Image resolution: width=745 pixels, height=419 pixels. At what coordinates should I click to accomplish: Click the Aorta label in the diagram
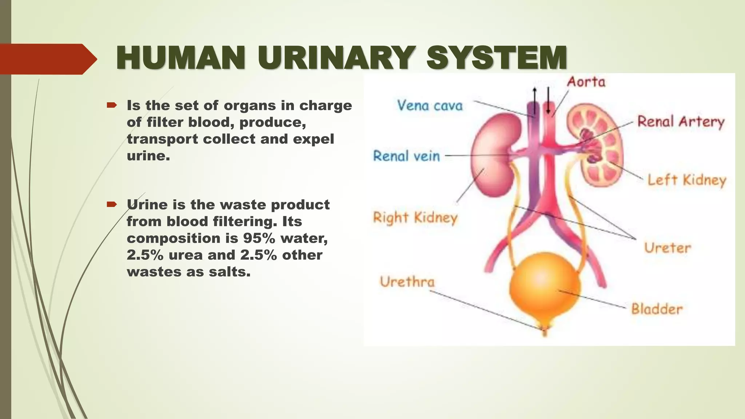tap(586, 82)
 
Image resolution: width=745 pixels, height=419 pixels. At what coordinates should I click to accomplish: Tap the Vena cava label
tap(430, 105)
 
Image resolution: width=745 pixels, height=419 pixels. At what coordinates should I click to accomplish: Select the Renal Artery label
tap(681, 121)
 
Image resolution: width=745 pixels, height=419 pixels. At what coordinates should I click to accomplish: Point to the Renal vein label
tap(406, 156)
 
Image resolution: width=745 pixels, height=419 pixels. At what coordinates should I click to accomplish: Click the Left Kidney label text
tap(686, 180)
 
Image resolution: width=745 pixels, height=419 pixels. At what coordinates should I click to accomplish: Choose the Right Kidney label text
tap(415, 218)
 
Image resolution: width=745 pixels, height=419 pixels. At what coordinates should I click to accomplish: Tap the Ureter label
tap(667, 248)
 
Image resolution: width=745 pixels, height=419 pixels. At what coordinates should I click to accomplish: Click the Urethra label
tap(407, 282)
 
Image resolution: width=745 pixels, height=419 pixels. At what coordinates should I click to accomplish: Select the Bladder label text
tap(657, 309)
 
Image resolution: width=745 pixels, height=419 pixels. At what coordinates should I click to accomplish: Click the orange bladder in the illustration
tap(544, 287)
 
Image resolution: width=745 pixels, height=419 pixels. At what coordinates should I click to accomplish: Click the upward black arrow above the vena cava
tap(535, 96)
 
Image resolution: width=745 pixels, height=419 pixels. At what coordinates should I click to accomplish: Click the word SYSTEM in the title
tap(497, 58)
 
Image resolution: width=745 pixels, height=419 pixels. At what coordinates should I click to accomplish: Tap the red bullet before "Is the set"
tap(111, 105)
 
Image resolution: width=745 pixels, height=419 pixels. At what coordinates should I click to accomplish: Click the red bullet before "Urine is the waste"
tap(111, 204)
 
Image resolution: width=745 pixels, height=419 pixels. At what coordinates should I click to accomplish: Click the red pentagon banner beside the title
tap(45, 59)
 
